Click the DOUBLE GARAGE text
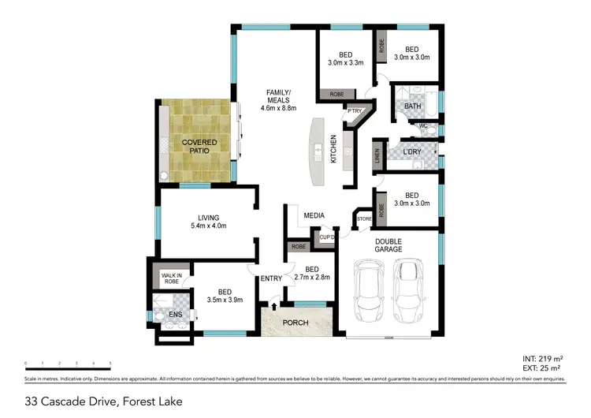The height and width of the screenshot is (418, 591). pyautogui.click(x=388, y=244)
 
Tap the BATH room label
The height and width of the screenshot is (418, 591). pyautogui.click(x=413, y=106)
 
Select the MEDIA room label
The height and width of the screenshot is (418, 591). pyautogui.click(x=314, y=215)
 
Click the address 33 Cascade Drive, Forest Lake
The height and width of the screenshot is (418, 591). pyautogui.click(x=103, y=401)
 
